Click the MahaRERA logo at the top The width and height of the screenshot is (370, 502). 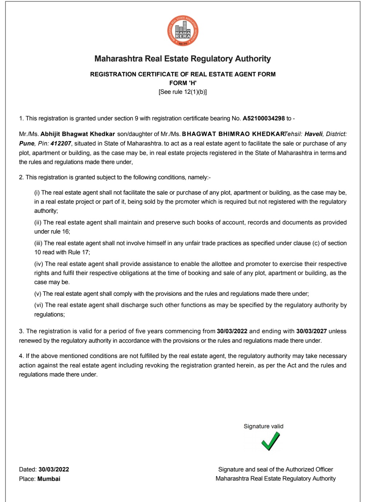[x=183, y=31]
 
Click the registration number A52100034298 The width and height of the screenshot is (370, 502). [x=264, y=119]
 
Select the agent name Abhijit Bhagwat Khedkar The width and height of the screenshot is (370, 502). [x=77, y=134]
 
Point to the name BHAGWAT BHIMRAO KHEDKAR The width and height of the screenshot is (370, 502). [x=233, y=134]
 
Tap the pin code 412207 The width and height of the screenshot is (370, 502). [x=61, y=144]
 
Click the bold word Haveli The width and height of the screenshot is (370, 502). [x=313, y=134]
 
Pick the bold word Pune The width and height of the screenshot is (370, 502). [x=27, y=144]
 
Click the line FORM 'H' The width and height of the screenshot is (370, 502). [x=183, y=83]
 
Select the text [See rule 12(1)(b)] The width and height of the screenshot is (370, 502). [x=182, y=92]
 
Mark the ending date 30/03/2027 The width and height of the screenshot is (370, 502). [x=311, y=331]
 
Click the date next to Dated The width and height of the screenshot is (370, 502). [x=54, y=470]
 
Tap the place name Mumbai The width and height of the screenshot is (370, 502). [x=49, y=479]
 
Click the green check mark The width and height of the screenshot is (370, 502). [x=270, y=441]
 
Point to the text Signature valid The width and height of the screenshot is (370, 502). [x=264, y=426]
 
